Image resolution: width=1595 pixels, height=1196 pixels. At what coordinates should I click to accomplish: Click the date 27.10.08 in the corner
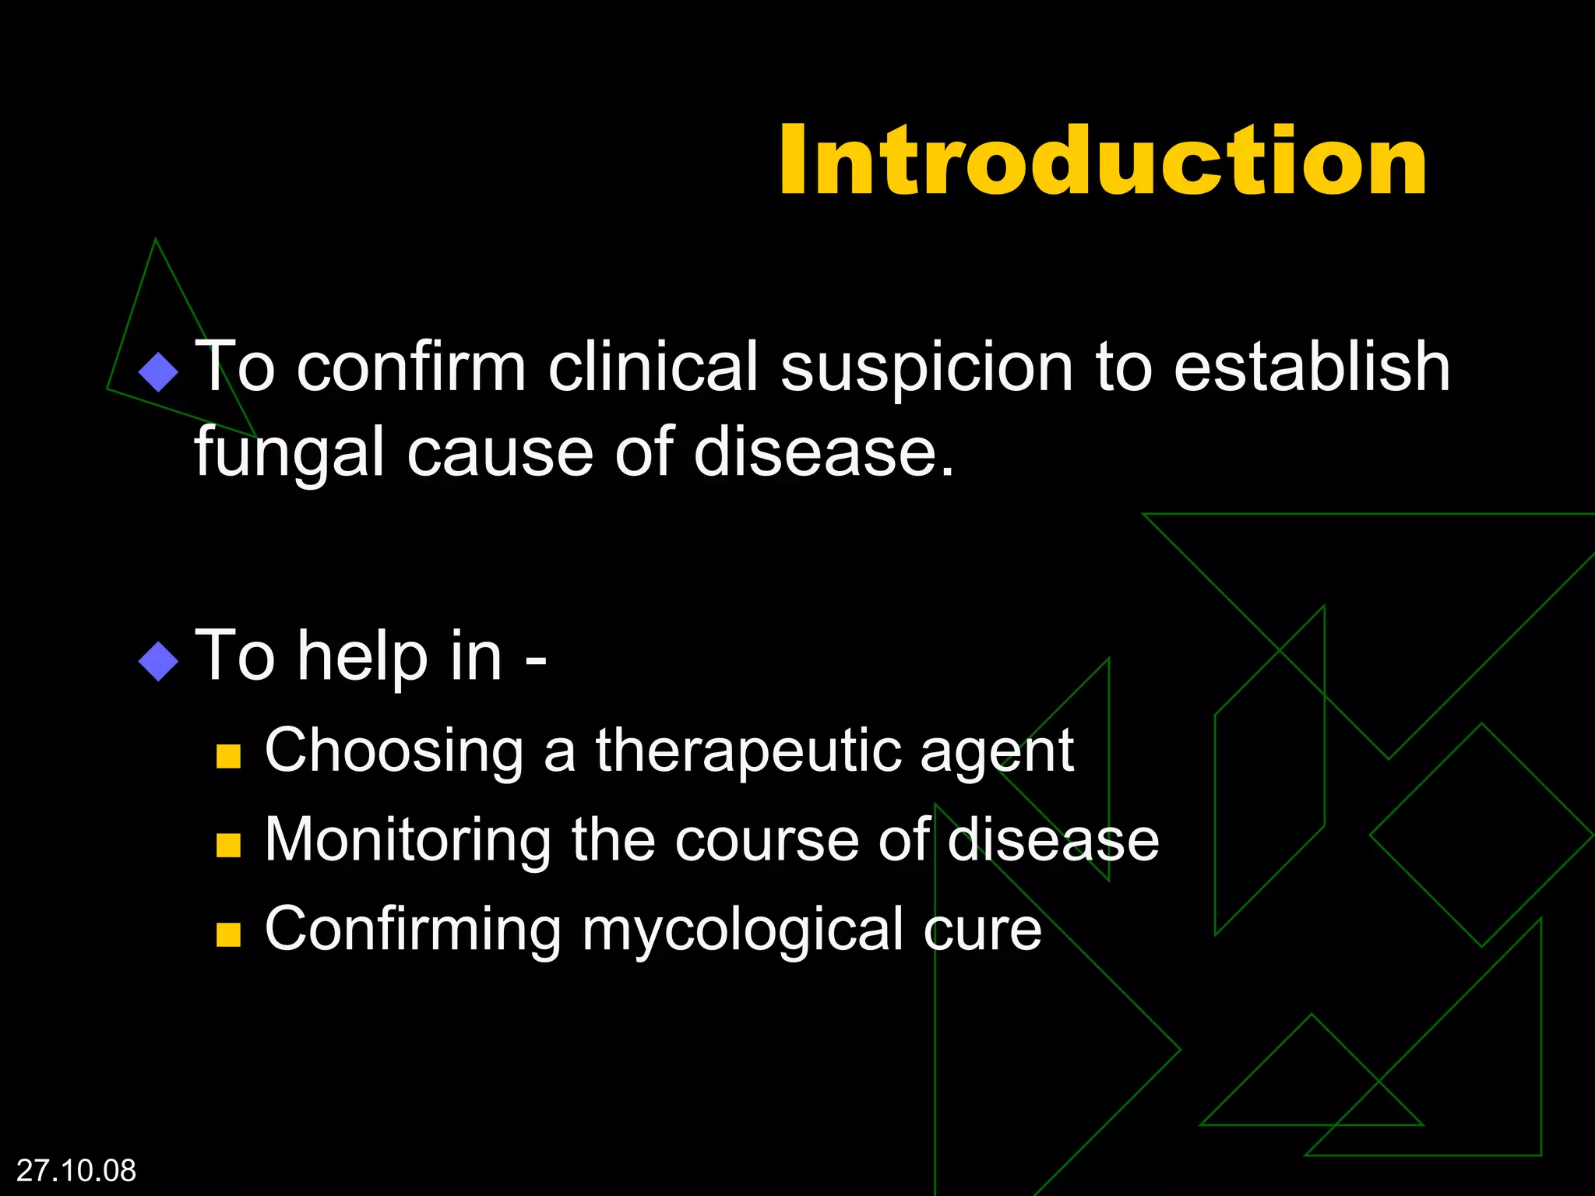[76, 1170]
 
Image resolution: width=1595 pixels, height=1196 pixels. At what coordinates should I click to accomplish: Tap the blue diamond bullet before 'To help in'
[158, 661]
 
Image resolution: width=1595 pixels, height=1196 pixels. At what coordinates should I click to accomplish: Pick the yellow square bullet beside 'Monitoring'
[228, 845]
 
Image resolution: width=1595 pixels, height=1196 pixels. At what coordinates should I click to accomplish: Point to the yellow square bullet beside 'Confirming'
[228, 934]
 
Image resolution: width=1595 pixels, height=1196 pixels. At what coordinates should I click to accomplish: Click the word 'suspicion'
[927, 367]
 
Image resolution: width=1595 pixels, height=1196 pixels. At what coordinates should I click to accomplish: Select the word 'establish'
[1312, 367]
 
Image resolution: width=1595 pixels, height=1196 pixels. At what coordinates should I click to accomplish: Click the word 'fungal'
[290, 454]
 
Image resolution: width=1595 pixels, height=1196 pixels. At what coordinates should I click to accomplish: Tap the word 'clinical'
[653, 367]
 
